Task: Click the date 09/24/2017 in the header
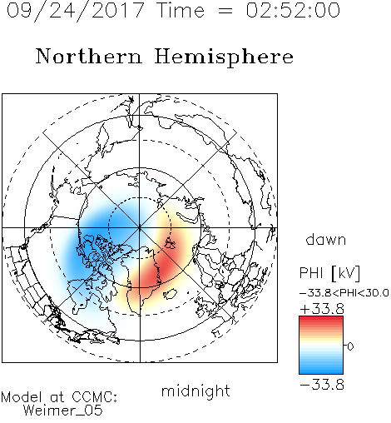75,10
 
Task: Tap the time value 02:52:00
293,10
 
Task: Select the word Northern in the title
89,57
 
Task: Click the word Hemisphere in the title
224,57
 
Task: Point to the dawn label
326,239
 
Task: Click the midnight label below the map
195,391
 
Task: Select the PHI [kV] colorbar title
329,273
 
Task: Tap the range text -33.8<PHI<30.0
344,293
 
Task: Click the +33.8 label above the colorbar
322,309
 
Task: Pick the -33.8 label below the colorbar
322,385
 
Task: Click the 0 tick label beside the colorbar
350,346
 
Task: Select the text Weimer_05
63,411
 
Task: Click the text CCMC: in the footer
95,397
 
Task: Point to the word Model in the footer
22,397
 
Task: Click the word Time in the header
181,10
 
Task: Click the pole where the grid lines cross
140,227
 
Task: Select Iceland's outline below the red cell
171,294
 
